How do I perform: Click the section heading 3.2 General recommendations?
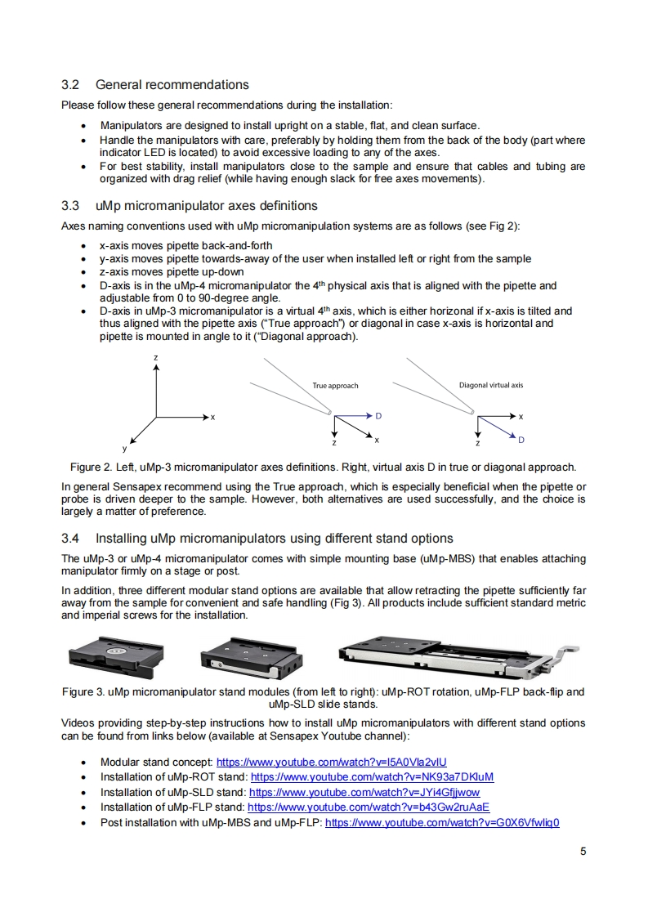click(155, 85)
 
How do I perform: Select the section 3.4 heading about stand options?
click(257, 539)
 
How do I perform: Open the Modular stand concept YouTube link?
click(331, 762)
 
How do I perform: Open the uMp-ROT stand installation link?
click(373, 776)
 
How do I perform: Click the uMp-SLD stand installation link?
click(364, 792)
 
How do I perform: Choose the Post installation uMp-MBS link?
click(442, 822)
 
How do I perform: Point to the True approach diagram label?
click(335, 386)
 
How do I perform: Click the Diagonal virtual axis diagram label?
click(491, 385)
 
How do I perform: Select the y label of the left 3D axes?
click(124, 448)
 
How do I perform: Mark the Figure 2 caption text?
click(324, 467)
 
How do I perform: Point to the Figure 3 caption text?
click(324, 697)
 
